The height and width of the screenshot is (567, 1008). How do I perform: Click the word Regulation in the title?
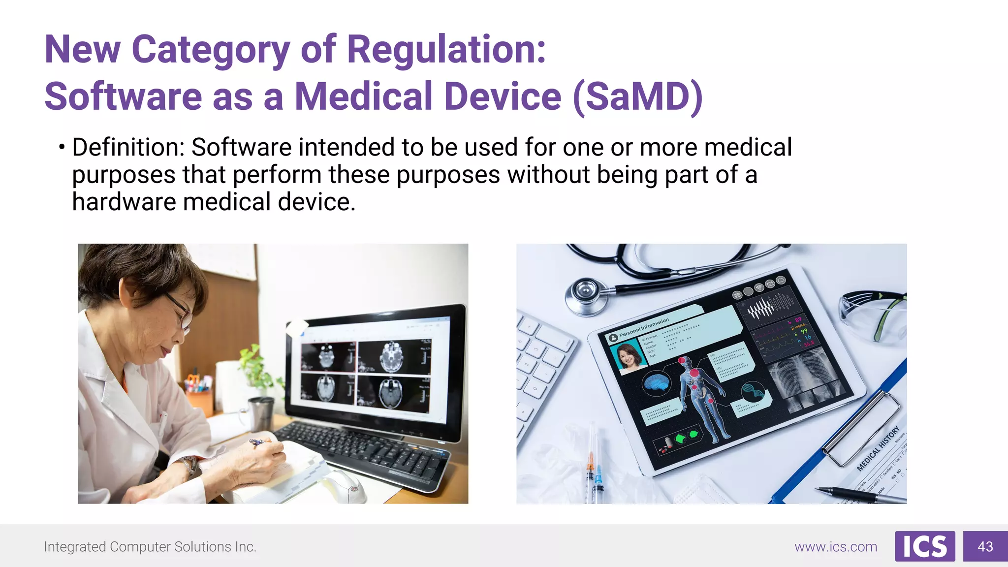[446, 50]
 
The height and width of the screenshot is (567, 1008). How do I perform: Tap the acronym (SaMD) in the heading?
[638, 96]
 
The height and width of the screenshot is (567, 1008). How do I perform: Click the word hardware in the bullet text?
[124, 202]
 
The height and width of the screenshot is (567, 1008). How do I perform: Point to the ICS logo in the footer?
[924, 546]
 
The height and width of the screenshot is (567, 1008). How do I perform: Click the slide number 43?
[985, 546]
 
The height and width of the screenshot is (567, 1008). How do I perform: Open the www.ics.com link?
[835, 547]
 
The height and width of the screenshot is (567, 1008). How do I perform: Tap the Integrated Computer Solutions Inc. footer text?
[150, 547]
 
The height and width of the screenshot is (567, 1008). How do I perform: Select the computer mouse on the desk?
[344, 484]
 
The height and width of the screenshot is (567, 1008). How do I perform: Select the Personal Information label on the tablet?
[644, 327]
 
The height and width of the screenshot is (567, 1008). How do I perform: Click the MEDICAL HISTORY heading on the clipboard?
[879, 449]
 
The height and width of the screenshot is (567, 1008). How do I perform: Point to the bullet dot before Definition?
[62, 147]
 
